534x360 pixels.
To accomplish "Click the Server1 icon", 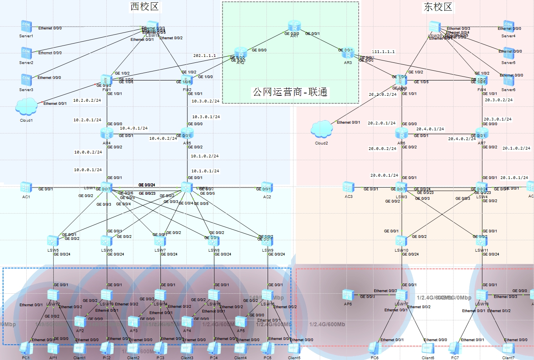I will [26, 27].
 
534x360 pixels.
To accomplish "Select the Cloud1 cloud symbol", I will [26, 107].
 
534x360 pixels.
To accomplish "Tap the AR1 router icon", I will [294, 27].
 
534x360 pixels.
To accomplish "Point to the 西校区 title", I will [144, 7].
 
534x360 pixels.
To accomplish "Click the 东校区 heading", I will [437, 7].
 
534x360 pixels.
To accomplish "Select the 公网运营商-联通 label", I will [290, 92].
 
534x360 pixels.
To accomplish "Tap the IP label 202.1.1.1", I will [204, 56].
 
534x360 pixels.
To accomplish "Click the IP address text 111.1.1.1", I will [383, 52].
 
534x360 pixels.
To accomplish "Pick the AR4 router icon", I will [107, 134].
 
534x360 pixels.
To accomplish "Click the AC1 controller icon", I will [26, 188].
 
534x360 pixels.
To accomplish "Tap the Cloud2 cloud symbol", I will [321, 130].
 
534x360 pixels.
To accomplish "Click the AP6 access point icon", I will [348, 295].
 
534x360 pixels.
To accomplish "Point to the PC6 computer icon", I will [375, 348].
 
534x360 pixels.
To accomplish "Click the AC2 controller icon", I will [267, 188].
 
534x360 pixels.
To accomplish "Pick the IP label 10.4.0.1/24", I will [133, 128].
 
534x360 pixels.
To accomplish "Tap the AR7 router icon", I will [481, 134].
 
